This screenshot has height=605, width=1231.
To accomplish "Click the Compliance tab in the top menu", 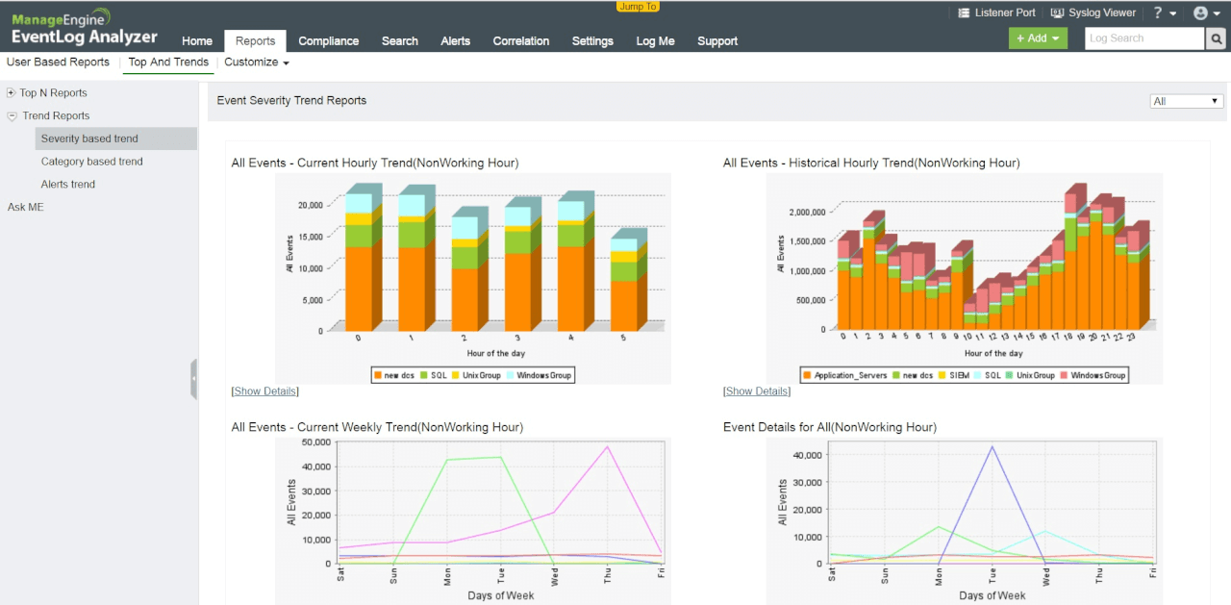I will [328, 41].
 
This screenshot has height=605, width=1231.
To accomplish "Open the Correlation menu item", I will [520, 41].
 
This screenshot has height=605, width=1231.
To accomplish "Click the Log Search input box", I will [1143, 38].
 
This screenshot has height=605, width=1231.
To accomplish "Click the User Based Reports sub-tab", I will [58, 63].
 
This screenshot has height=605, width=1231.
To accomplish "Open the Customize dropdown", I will [256, 63].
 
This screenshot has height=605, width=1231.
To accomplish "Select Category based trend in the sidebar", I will [91, 162].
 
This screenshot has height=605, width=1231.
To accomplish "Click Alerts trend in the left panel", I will [67, 185].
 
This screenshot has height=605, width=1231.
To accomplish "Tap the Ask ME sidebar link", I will [26, 208].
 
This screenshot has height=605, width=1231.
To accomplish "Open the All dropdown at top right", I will [1186, 101].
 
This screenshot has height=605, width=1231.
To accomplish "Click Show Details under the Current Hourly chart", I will [265, 391].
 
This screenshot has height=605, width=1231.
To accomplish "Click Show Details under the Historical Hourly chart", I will [757, 391].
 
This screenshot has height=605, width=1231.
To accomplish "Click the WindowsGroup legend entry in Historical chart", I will [1096, 375].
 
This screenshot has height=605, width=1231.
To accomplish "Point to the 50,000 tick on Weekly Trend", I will [316, 442].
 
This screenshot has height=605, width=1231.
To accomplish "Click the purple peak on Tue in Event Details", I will [992, 447].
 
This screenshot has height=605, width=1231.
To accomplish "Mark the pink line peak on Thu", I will [608, 447].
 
